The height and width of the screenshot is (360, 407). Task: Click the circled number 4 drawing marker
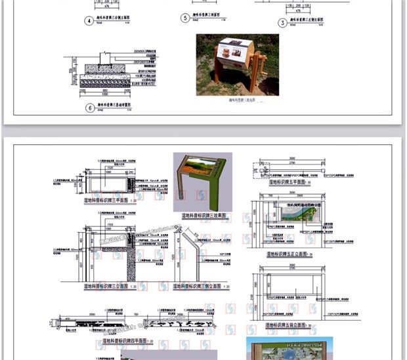[89, 20]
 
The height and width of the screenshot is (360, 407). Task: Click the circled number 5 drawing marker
[186, 18]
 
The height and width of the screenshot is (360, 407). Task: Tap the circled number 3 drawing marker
[283, 23]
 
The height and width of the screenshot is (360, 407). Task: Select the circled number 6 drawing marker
[89, 108]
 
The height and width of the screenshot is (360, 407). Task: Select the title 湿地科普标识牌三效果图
[204, 214]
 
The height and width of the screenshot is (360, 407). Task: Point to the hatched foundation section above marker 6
[98, 78]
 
